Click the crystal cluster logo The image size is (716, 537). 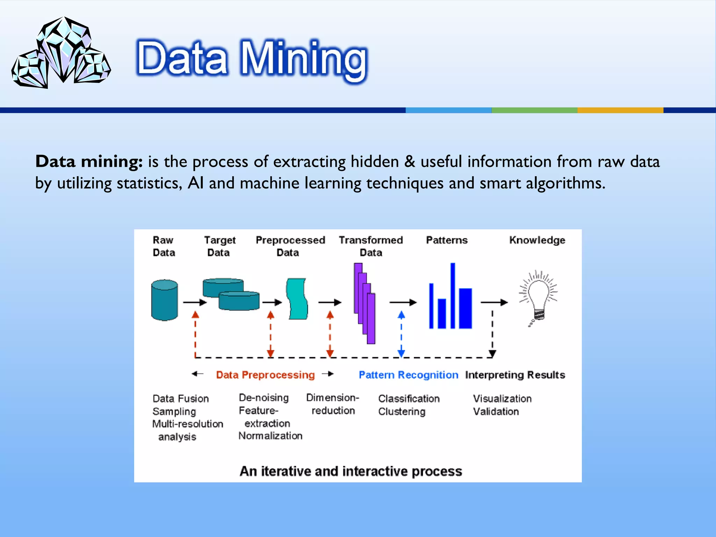tap(61, 52)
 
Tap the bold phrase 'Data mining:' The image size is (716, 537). tap(89, 162)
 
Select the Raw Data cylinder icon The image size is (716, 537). tap(164, 300)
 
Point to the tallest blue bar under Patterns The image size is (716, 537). tap(453, 295)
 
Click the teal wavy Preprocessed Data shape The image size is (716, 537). tap(297, 299)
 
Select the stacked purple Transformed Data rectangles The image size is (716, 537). tap(365, 303)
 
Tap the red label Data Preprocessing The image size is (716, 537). tap(265, 375)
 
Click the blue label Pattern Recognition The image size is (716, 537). tap(408, 375)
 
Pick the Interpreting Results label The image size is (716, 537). tap(515, 375)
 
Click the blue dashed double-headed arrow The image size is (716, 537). tap(401, 334)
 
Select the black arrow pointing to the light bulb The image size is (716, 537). tap(494, 302)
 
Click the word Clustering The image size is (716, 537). tap(402, 411)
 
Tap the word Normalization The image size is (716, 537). tap(270, 436)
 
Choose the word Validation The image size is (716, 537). tap(496, 411)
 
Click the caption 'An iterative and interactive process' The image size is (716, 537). tap(351, 471)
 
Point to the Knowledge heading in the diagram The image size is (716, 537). tap(537, 240)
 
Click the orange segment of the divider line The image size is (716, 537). tap(620, 110)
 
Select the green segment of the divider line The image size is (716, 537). tap(534, 110)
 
